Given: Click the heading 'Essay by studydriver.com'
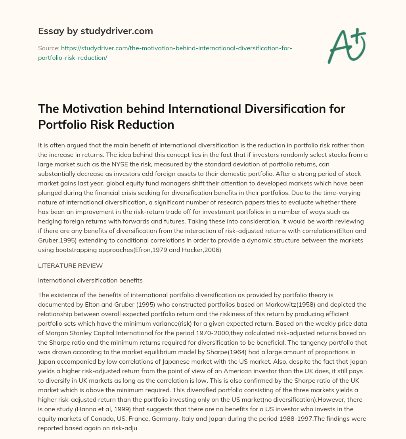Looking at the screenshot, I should [x=95, y=31].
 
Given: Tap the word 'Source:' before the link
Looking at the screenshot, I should [x=48, y=48].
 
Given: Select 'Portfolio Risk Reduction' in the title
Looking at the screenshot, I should [x=106, y=124].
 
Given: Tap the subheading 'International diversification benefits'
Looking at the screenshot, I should [x=90, y=280].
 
